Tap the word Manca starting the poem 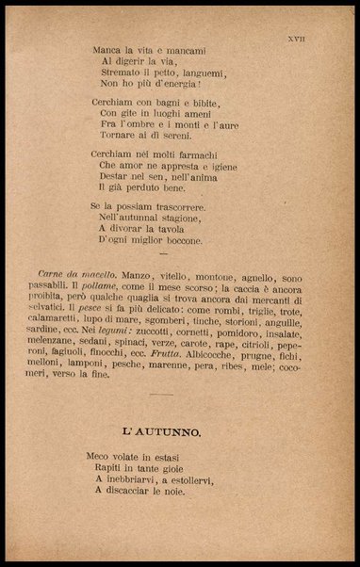pos(107,49)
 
